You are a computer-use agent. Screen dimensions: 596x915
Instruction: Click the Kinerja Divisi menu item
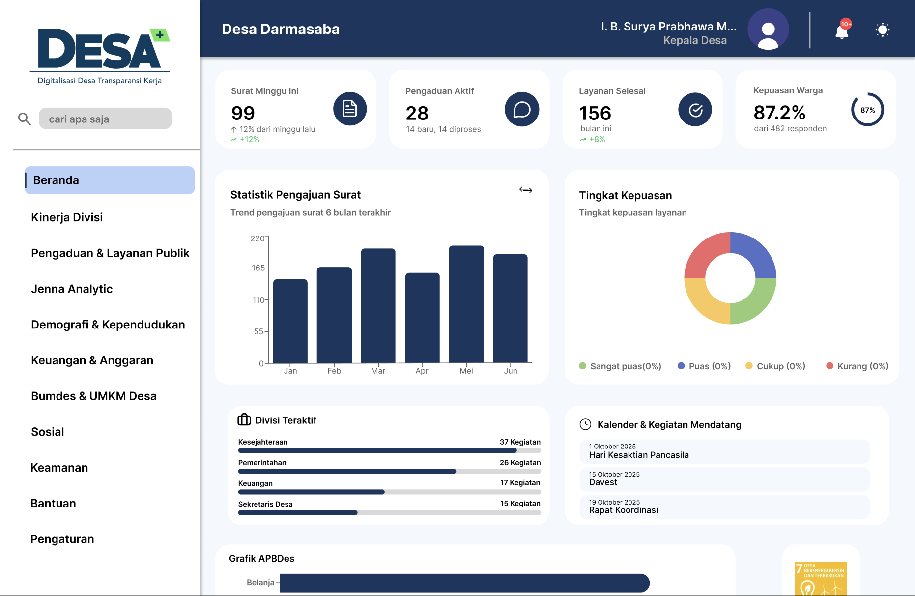point(67,217)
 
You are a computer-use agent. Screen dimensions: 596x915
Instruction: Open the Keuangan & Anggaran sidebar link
point(92,360)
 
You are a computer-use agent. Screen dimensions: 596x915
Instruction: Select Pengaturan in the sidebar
point(62,539)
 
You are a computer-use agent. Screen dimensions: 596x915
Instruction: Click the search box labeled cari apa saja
point(105,119)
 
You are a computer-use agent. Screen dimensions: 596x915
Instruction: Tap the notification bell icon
point(842,31)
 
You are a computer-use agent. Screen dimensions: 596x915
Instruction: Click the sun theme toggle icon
point(883,30)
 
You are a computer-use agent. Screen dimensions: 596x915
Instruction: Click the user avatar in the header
point(768,30)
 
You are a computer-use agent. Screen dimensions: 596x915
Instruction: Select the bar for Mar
point(378,305)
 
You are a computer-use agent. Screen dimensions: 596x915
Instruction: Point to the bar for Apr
point(422,317)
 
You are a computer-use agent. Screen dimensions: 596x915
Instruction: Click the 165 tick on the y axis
point(258,268)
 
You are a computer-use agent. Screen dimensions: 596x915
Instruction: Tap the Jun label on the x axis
point(511,371)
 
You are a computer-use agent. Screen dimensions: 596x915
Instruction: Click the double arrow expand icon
point(526,190)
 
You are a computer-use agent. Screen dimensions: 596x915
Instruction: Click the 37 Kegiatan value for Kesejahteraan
point(520,442)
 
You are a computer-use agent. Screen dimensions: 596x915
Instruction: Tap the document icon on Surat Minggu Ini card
point(350,109)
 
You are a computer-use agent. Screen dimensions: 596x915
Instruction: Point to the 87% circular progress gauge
point(867,110)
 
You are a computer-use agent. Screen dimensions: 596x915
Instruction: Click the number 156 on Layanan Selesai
point(595,113)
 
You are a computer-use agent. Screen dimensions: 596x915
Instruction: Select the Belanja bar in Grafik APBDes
point(464,583)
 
